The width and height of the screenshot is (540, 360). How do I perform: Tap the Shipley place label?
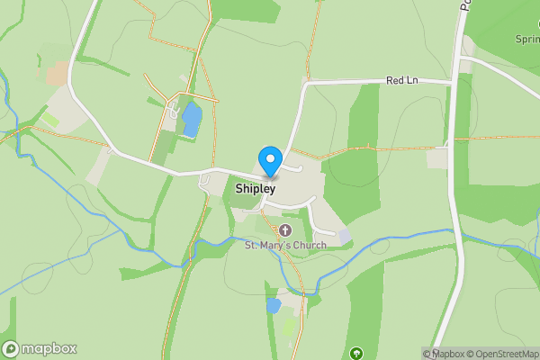pyautogui.click(x=256, y=190)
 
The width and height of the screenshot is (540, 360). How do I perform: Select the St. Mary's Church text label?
pyautogui.click(x=284, y=244)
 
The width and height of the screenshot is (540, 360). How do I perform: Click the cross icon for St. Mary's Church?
pyautogui.click(x=285, y=230)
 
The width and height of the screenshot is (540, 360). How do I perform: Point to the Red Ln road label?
pyautogui.click(x=402, y=81)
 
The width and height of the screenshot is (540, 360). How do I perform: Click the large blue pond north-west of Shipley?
pyautogui.click(x=192, y=120)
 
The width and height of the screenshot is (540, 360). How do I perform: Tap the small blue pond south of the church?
pyautogui.click(x=274, y=306)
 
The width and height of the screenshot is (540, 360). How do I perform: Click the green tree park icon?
pyautogui.click(x=357, y=353)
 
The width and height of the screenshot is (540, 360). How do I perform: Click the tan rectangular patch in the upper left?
pyautogui.click(x=58, y=74)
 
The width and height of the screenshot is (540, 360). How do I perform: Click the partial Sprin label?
pyautogui.click(x=526, y=40)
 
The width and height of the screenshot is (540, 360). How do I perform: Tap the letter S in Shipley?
pyautogui.click(x=239, y=190)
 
